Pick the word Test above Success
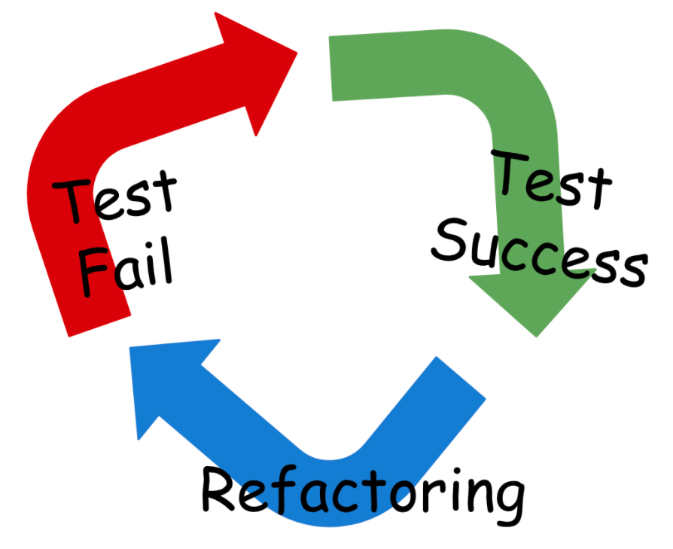[550, 180]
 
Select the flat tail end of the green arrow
[333, 68]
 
